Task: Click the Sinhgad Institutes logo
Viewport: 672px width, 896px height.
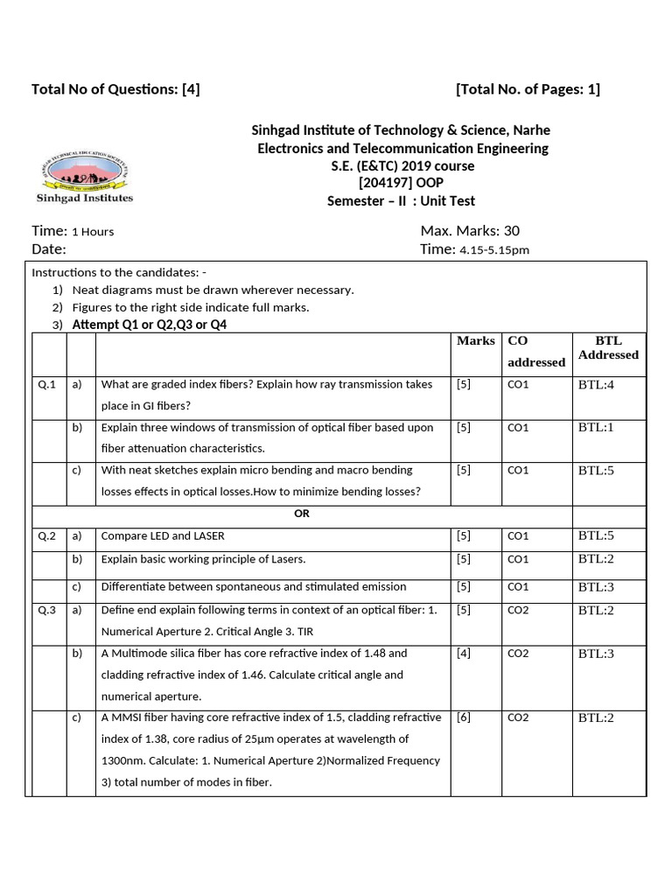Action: (x=84, y=178)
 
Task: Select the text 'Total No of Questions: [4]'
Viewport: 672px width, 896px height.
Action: (x=115, y=89)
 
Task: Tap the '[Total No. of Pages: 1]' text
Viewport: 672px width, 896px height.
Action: (x=528, y=89)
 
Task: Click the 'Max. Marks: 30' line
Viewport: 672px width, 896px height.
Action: (x=470, y=231)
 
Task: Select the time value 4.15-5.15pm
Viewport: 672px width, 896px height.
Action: (x=494, y=250)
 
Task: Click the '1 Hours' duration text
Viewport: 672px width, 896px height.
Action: (x=93, y=232)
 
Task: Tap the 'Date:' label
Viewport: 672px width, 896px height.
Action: (x=49, y=249)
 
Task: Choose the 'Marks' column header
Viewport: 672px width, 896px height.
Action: (x=475, y=341)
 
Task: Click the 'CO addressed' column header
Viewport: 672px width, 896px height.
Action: (x=535, y=351)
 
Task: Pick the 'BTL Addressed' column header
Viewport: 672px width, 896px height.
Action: (x=608, y=347)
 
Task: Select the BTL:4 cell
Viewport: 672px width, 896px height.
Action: (x=597, y=385)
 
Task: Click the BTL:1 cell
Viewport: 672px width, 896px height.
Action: (x=597, y=428)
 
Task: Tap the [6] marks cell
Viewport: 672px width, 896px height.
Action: (x=464, y=717)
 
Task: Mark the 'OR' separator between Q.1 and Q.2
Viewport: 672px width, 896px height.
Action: (x=302, y=514)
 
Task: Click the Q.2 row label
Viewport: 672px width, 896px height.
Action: (x=47, y=536)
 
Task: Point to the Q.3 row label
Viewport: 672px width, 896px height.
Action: (x=47, y=611)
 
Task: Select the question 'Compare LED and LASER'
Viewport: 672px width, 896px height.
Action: (x=157, y=536)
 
